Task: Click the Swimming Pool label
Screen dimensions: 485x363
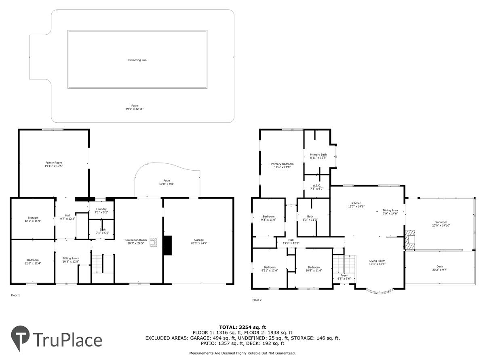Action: (x=137, y=60)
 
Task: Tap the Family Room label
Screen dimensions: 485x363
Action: (x=54, y=163)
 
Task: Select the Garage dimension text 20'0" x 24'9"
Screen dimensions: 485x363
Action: (x=199, y=243)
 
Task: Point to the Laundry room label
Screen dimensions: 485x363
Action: (x=101, y=209)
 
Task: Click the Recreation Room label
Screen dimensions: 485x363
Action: (x=136, y=240)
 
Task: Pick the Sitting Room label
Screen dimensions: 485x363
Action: (x=71, y=258)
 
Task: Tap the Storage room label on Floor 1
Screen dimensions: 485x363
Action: (x=33, y=217)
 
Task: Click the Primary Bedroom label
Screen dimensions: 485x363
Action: (x=283, y=164)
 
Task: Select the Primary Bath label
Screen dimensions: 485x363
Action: (x=318, y=154)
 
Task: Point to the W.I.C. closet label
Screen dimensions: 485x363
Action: (x=316, y=186)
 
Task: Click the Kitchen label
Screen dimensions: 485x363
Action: (x=356, y=203)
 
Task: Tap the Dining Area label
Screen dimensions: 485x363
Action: (x=390, y=210)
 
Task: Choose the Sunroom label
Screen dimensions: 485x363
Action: (x=441, y=222)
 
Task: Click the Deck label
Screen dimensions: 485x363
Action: (x=440, y=267)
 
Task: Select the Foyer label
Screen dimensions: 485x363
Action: (x=344, y=275)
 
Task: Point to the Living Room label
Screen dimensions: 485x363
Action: (x=377, y=261)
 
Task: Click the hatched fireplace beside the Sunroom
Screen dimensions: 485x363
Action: (x=410, y=240)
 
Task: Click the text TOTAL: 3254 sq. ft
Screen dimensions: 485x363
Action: (x=242, y=327)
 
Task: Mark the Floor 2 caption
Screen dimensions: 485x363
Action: (x=257, y=300)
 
